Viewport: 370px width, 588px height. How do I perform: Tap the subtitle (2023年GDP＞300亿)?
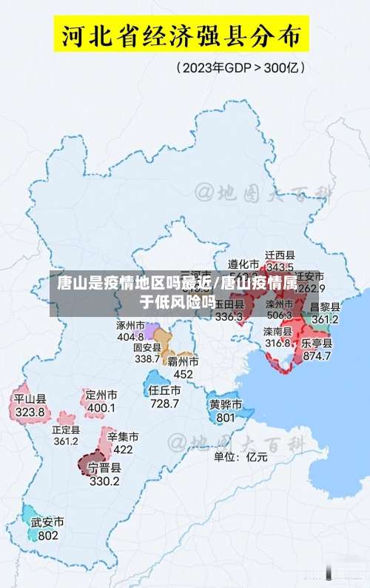click(240, 67)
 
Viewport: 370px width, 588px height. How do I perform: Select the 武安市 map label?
click(47, 522)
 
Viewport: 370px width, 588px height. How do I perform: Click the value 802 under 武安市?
click(47, 535)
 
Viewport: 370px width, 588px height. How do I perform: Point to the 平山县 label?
click(30, 399)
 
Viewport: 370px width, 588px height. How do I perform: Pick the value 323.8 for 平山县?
click(30, 412)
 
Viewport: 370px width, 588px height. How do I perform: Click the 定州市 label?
click(101, 395)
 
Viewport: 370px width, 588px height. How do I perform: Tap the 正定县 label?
click(66, 429)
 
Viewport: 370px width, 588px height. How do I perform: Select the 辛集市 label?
click(123, 437)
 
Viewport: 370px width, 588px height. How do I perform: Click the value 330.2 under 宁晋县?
click(104, 481)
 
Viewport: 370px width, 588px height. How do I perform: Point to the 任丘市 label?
click(164, 390)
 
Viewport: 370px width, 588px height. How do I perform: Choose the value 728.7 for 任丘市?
click(164, 404)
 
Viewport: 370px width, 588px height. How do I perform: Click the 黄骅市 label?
click(225, 404)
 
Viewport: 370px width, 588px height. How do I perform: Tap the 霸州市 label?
click(183, 361)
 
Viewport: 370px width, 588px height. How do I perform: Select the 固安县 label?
click(147, 347)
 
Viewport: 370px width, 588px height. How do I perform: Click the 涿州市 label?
click(130, 324)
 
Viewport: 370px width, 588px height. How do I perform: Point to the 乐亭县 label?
click(317, 344)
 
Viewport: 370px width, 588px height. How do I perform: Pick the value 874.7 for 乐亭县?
click(317, 356)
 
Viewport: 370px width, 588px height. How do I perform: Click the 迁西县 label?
click(280, 255)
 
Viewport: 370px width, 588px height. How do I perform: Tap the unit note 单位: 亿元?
click(240, 457)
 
